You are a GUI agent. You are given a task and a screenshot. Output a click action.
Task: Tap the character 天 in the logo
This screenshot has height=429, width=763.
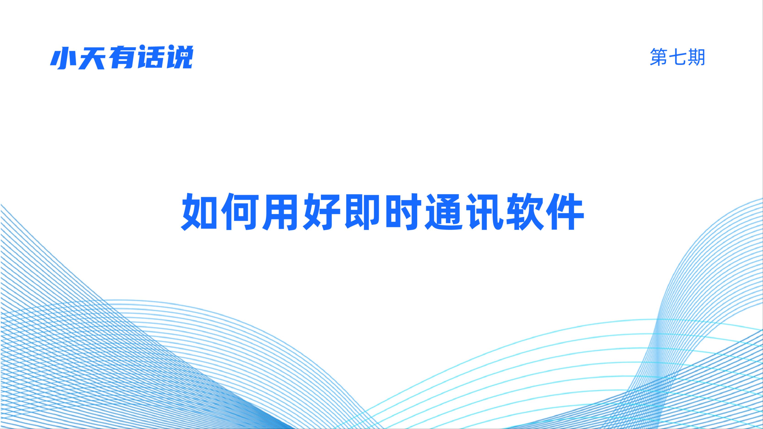tap(92, 58)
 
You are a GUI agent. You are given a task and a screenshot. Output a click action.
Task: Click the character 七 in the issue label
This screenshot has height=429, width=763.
tap(677, 57)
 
